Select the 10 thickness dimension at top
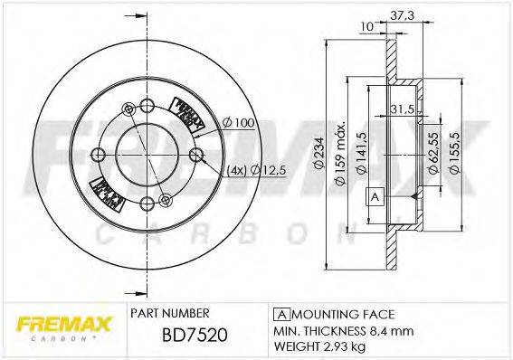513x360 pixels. click(x=366, y=28)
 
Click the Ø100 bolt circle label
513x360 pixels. click(x=237, y=121)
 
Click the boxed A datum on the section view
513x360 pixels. click(x=373, y=197)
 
